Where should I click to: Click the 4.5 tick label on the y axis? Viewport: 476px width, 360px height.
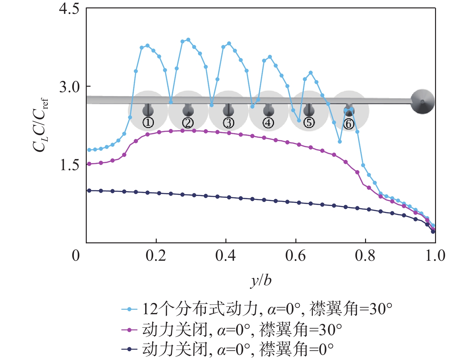(69, 9)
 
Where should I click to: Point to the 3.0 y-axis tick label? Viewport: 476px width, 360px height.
(69, 87)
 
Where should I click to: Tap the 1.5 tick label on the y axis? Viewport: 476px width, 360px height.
(69, 165)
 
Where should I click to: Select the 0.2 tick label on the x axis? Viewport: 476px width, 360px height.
(156, 256)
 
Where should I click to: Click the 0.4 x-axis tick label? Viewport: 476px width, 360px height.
(225, 256)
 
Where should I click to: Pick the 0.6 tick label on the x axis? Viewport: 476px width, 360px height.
(295, 256)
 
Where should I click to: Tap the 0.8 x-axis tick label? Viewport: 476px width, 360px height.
(365, 256)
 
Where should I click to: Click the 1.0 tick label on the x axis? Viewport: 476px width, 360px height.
(435, 256)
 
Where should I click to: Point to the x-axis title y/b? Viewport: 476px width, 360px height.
(261, 280)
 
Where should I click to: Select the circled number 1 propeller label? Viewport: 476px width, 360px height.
(148, 122)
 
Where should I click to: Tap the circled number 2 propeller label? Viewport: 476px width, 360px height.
(188, 123)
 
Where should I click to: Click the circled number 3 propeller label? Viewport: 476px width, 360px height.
(228, 123)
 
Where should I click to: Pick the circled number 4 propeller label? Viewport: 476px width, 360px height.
(268, 123)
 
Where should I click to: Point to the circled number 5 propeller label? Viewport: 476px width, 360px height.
(309, 123)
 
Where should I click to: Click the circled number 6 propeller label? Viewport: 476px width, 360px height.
(349, 124)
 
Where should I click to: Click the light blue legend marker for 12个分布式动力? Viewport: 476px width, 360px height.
(130, 309)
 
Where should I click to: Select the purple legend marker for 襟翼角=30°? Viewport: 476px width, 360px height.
(130, 330)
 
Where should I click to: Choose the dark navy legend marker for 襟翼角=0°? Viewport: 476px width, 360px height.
(130, 349)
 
